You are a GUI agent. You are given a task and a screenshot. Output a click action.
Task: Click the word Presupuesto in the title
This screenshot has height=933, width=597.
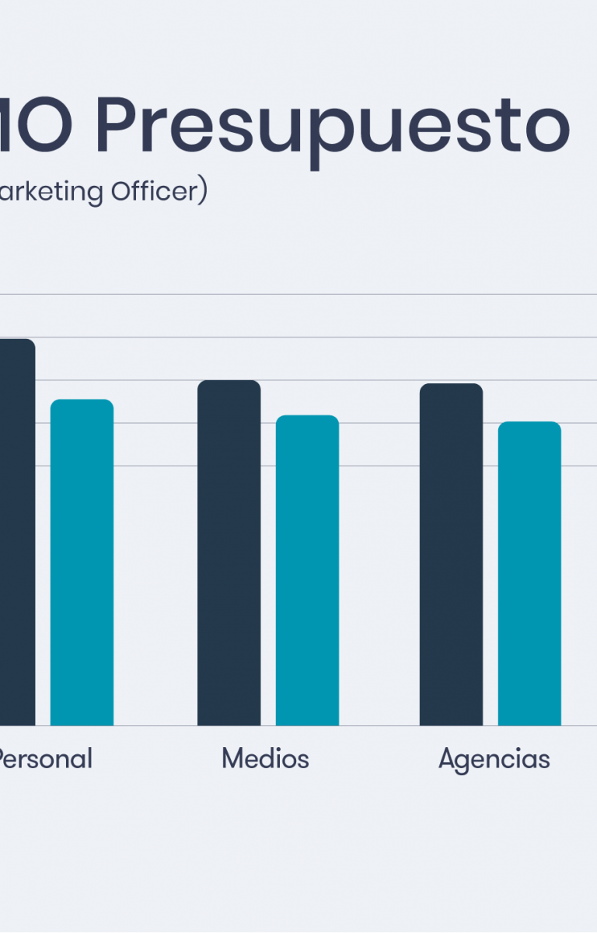[x=332, y=126]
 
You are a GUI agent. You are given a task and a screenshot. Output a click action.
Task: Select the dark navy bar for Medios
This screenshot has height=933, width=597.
[x=229, y=552]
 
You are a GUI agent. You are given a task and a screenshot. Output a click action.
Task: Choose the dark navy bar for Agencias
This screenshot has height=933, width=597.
[x=451, y=554]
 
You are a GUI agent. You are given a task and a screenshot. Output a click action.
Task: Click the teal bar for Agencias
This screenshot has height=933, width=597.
[x=529, y=573]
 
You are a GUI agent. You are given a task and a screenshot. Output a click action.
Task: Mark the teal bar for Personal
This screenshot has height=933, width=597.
[x=82, y=561]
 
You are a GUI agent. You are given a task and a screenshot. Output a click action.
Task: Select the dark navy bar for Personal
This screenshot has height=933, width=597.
[x=16, y=532]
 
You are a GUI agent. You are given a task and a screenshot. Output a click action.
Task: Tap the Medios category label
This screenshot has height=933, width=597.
[x=265, y=758]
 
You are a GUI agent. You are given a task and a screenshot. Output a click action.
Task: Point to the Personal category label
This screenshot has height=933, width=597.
[x=44, y=758]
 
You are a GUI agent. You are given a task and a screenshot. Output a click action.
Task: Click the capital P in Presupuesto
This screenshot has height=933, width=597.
[x=115, y=126]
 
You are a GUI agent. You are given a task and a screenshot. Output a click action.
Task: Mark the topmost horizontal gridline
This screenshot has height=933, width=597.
[x=311, y=295]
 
